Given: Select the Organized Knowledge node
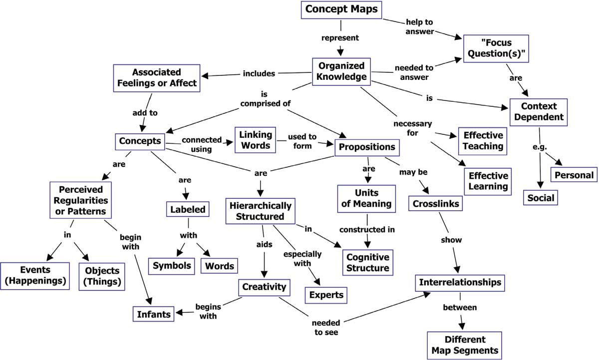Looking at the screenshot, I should point(341,71).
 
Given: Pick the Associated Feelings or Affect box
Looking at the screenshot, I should point(157,78).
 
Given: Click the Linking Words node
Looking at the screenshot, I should point(256,140).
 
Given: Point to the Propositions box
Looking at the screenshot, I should point(367,147).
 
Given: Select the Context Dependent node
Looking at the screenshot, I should point(539,112).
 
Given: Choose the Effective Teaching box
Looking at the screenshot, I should point(483,141).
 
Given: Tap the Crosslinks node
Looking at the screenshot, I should point(436,204).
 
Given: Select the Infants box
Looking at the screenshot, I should point(154,314).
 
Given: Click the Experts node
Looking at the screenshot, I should point(326,295).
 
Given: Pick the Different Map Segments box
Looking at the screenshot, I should point(465,345).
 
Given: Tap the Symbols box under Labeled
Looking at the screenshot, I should point(172,266).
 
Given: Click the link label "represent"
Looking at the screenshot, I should point(340,37).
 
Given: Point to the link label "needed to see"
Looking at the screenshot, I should point(326,328).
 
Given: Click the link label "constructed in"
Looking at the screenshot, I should point(367,230).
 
